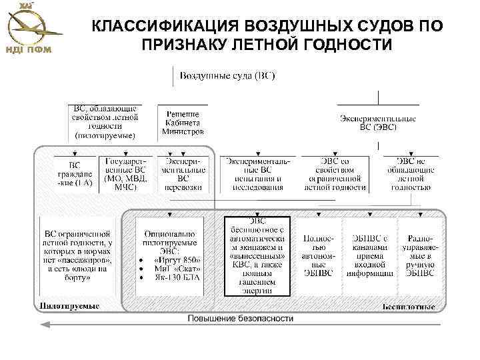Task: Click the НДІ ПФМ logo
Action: coord(33,28)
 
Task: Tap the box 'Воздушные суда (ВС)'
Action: coord(227,75)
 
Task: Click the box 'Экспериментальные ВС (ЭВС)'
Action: coord(378,122)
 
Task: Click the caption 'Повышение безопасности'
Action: coord(240,319)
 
